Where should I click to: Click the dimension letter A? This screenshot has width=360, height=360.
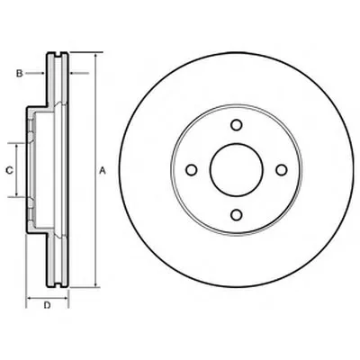(103, 171)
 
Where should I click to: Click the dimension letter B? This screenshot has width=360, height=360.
(19, 73)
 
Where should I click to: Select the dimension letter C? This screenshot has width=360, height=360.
(9, 170)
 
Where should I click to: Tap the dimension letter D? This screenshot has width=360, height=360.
(47, 305)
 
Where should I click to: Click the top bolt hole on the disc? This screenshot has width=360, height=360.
(237, 125)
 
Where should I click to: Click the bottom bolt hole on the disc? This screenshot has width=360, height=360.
(237, 215)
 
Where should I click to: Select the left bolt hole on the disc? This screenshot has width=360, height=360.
(192, 170)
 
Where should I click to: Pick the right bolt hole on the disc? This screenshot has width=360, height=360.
(282, 170)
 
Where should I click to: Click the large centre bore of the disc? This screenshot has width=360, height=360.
(237, 170)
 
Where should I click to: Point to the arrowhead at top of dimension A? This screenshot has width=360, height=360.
(95, 57)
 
